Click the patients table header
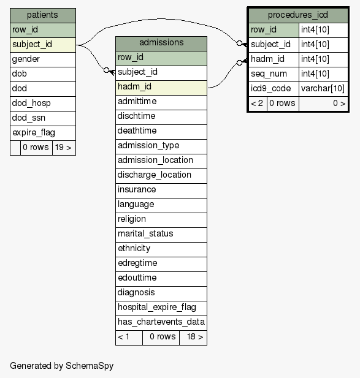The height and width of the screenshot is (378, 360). point(43,15)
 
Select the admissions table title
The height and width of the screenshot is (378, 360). point(161,43)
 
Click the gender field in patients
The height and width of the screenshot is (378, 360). point(43,59)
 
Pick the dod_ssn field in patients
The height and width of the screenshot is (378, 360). point(43,118)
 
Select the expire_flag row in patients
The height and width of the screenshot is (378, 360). point(43,133)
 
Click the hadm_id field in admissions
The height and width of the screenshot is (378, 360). point(161,88)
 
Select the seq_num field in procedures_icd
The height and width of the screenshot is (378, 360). point(274,74)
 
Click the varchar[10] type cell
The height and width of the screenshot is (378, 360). point(323,89)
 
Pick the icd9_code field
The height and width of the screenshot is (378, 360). point(274,89)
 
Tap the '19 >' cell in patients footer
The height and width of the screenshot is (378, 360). point(64,148)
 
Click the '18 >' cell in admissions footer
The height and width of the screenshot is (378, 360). point(193,338)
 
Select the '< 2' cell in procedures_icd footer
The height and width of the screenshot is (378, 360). point(258,104)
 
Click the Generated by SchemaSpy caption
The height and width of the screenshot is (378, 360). point(61,366)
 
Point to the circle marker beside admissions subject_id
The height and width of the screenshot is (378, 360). point(106,70)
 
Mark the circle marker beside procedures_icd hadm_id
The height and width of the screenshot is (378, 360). point(239,62)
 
